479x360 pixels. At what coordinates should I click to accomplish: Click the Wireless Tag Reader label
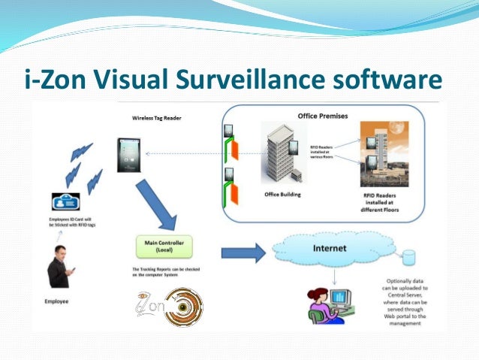point(156,118)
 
